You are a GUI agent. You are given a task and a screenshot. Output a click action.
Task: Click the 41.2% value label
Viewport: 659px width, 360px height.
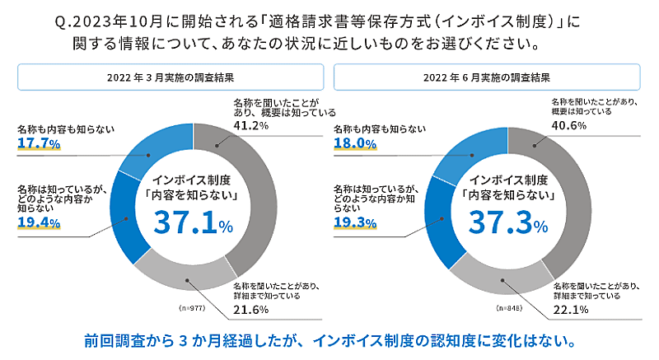coord(247,126)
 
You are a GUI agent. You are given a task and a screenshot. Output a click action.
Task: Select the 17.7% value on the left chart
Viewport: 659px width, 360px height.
coord(36,143)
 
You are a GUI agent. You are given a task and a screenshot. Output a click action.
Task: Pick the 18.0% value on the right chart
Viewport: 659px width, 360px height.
coord(353,143)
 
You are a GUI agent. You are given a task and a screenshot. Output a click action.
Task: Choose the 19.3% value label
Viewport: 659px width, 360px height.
coord(353,222)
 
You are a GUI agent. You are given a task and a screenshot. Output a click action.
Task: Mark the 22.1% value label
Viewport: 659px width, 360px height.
coord(568,309)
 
